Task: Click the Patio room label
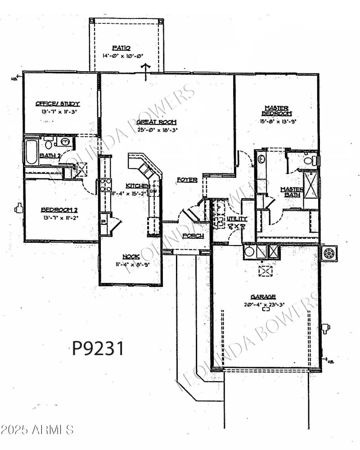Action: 121,48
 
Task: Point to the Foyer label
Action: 187,180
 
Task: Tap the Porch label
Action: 193,236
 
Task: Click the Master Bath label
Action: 292,192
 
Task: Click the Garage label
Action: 263,297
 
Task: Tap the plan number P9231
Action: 98,348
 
